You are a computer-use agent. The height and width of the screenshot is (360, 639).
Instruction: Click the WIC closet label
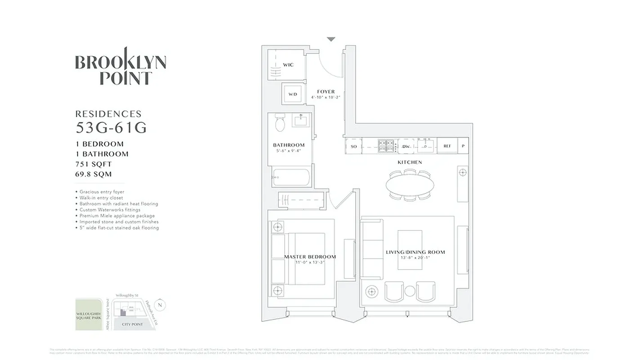[x=288, y=65]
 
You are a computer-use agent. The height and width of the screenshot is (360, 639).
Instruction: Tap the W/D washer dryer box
[x=293, y=94]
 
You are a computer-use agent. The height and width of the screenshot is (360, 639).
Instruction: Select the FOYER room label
[x=326, y=92]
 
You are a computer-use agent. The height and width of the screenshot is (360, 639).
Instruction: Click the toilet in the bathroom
[x=279, y=123]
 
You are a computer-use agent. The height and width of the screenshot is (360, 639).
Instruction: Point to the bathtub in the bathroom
[x=292, y=178]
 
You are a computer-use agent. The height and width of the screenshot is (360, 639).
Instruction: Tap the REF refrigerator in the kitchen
[x=447, y=146]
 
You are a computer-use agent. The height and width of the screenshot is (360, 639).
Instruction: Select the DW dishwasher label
[x=406, y=146]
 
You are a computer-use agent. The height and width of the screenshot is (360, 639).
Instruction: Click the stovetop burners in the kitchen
[x=385, y=146]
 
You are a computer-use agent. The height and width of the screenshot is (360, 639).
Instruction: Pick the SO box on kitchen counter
[x=353, y=146]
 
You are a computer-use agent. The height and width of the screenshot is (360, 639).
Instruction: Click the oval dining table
[x=411, y=184]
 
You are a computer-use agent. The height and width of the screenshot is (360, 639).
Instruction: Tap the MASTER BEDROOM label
[x=310, y=257]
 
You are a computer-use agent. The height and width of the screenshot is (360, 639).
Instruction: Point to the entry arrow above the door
[x=331, y=39]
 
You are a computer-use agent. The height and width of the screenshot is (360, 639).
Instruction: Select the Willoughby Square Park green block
[x=89, y=314]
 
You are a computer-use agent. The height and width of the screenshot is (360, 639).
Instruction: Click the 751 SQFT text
[x=94, y=164]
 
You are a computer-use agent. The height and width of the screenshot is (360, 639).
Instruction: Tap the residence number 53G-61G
[x=111, y=128]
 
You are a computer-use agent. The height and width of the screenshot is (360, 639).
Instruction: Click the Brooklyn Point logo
[x=121, y=67]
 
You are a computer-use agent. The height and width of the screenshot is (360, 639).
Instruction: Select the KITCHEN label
[x=410, y=162]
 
